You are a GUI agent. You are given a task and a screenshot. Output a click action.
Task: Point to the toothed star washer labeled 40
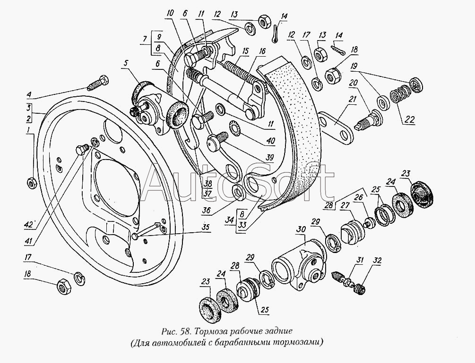[233, 128]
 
